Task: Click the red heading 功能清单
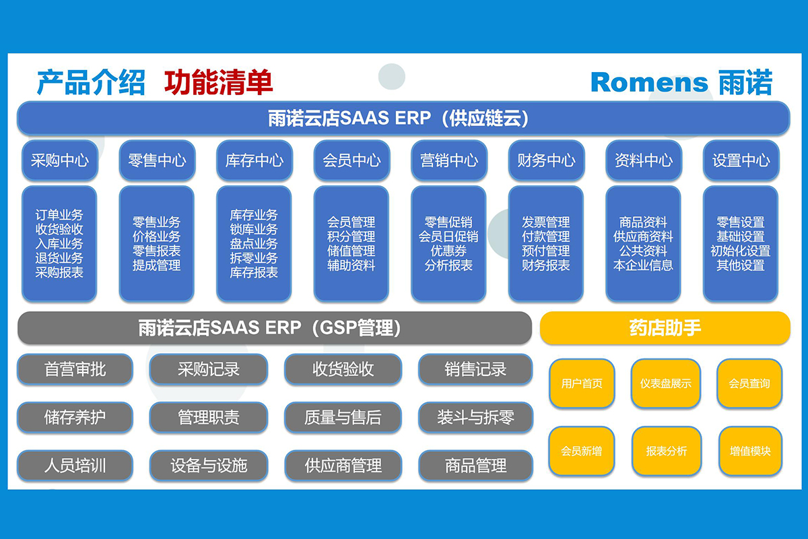218,83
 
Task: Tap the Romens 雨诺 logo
681,83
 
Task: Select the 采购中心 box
60,160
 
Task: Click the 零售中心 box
158,160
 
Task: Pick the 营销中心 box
449,160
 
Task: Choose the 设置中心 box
741,160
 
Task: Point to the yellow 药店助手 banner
665,328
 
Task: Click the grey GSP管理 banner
275,328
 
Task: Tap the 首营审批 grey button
75,369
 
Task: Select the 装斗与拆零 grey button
475,417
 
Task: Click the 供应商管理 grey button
343,466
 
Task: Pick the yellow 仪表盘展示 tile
666,383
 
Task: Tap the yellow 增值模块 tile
750,451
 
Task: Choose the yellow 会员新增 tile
582,451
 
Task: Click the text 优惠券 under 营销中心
448,251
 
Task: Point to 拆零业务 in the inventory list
254,258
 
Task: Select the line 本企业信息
643,265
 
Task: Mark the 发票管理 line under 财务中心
546,222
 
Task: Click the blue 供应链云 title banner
403,119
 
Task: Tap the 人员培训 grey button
75,466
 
